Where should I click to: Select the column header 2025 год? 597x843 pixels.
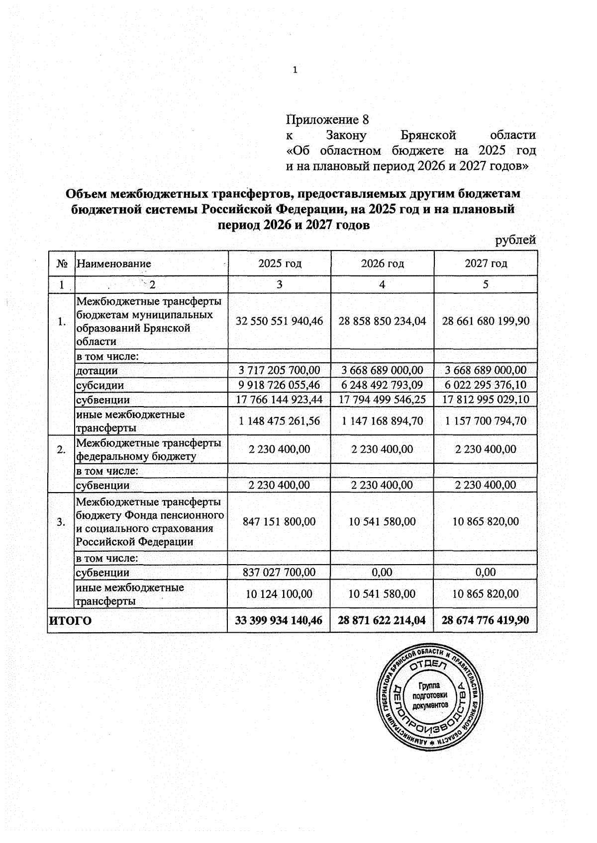280,263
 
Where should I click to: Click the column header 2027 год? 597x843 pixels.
486,263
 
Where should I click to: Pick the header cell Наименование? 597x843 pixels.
114,263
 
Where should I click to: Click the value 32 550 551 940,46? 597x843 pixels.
280,321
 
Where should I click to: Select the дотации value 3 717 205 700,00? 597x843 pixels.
280,370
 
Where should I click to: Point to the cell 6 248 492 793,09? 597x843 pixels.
382,385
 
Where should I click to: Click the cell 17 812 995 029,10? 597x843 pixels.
486,400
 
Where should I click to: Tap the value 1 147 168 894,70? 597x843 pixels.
382,421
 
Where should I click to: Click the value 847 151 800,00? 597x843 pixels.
280,521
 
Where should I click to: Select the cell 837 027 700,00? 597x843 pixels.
280,572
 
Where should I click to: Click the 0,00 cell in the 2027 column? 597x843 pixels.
486,572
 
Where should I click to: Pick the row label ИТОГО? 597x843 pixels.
70,620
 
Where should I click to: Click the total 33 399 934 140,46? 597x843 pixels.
280,620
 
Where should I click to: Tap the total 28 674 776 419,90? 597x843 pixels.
486,620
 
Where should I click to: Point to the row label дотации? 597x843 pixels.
97,371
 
